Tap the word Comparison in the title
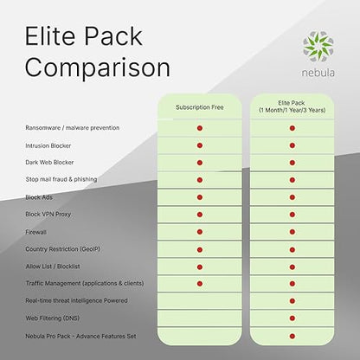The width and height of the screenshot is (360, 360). [x=98, y=68]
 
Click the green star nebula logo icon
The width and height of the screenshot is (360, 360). [x=318, y=47]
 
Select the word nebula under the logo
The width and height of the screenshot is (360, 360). [x=318, y=73]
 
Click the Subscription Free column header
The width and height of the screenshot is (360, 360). [x=200, y=107]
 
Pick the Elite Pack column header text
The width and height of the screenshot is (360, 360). [x=292, y=106]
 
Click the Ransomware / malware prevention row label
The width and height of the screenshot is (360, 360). [x=73, y=128]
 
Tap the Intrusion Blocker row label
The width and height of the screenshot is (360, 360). [x=48, y=145]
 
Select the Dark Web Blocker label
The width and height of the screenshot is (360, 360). [x=49, y=163]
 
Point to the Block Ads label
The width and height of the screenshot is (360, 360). [x=39, y=197]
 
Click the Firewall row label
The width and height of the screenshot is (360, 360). [x=35, y=232]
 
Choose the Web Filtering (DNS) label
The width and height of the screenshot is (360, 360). [x=53, y=318]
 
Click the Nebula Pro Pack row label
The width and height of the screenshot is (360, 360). [x=80, y=336]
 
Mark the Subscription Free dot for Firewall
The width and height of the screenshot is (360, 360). [x=200, y=232]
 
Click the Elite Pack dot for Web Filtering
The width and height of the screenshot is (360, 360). [x=292, y=318]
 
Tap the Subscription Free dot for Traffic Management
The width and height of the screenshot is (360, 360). [x=200, y=284]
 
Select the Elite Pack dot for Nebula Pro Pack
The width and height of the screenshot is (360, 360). [x=292, y=336]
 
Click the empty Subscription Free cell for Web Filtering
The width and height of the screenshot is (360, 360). [x=200, y=318]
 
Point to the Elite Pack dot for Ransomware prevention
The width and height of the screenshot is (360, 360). [x=292, y=128]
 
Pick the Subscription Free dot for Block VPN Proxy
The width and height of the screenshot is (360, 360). [x=200, y=215]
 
